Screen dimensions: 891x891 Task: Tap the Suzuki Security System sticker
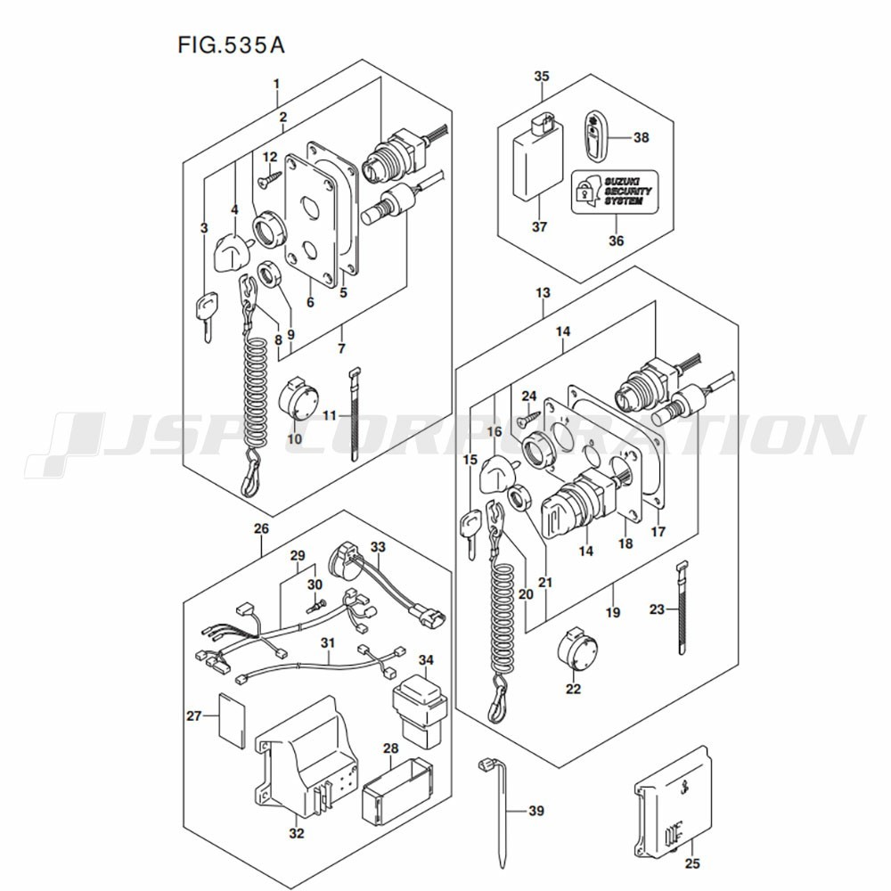614,192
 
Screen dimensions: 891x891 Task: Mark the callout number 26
261,529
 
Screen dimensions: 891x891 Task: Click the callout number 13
543,293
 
